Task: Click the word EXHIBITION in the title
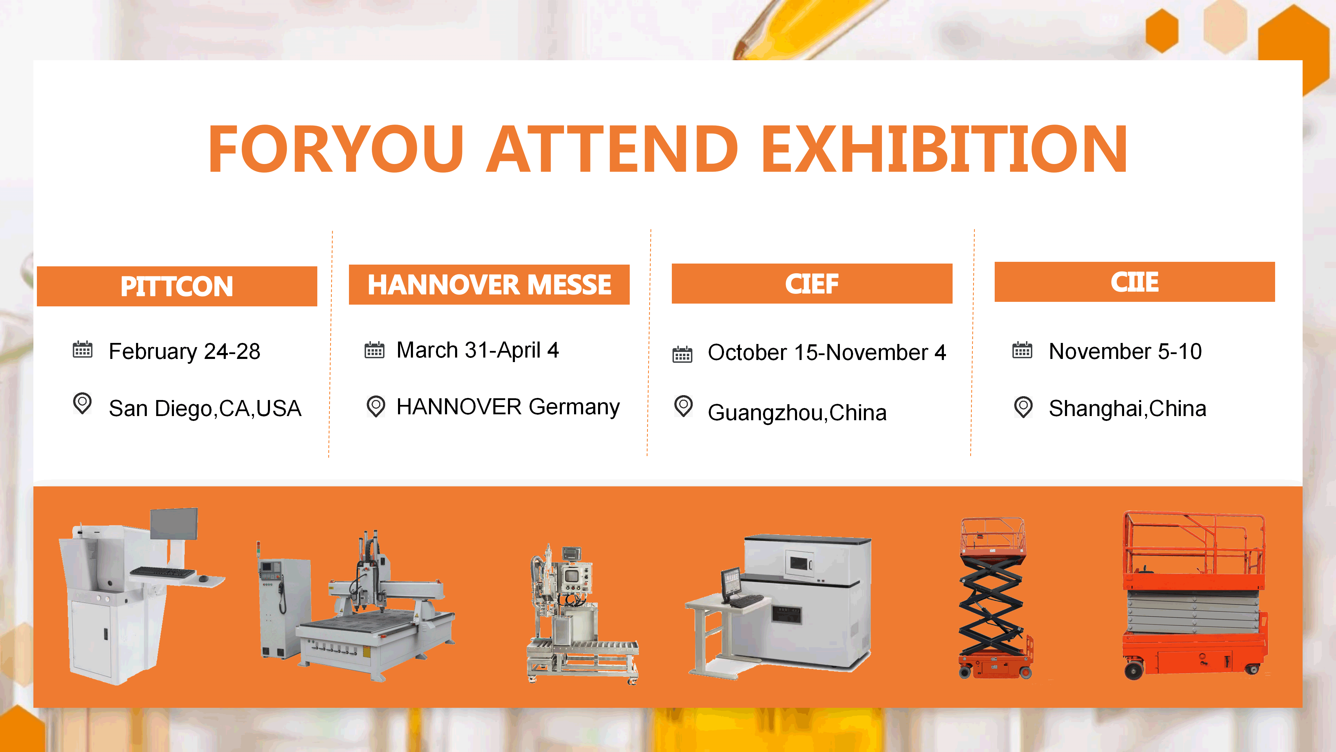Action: pyautogui.click(x=944, y=149)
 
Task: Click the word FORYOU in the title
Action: pyautogui.click(x=335, y=149)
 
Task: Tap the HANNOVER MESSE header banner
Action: pyautogui.click(x=489, y=284)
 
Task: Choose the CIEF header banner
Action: pyautogui.click(x=812, y=283)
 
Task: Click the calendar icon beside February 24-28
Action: pyautogui.click(x=82, y=350)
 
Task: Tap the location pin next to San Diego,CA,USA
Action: pyautogui.click(x=82, y=403)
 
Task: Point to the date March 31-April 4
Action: pyautogui.click(x=478, y=350)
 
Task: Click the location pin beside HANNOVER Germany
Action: pyautogui.click(x=375, y=406)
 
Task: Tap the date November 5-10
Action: pyautogui.click(x=1125, y=351)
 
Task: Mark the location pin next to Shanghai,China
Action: pyautogui.click(x=1023, y=407)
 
